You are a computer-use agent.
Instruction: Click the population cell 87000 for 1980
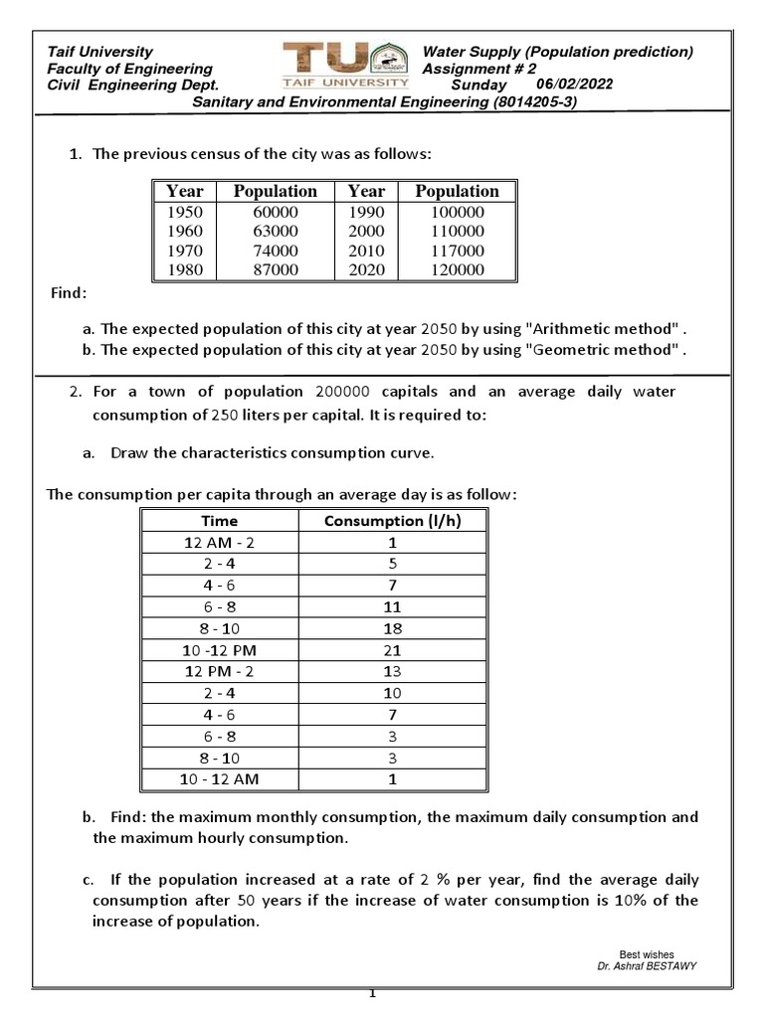coord(275,269)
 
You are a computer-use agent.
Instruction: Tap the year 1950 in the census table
coord(184,213)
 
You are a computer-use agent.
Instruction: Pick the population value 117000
coord(457,251)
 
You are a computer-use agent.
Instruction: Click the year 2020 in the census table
coord(366,269)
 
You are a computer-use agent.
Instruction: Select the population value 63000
coord(275,232)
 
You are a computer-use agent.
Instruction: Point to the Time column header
coord(220,520)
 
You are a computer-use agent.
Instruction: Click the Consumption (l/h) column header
coord(392,520)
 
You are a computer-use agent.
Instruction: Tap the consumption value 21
coord(392,649)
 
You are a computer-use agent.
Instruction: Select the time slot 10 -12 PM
coord(220,649)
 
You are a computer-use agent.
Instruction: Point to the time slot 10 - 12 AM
coord(220,778)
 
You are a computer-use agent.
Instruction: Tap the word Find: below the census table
coord(69,294)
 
